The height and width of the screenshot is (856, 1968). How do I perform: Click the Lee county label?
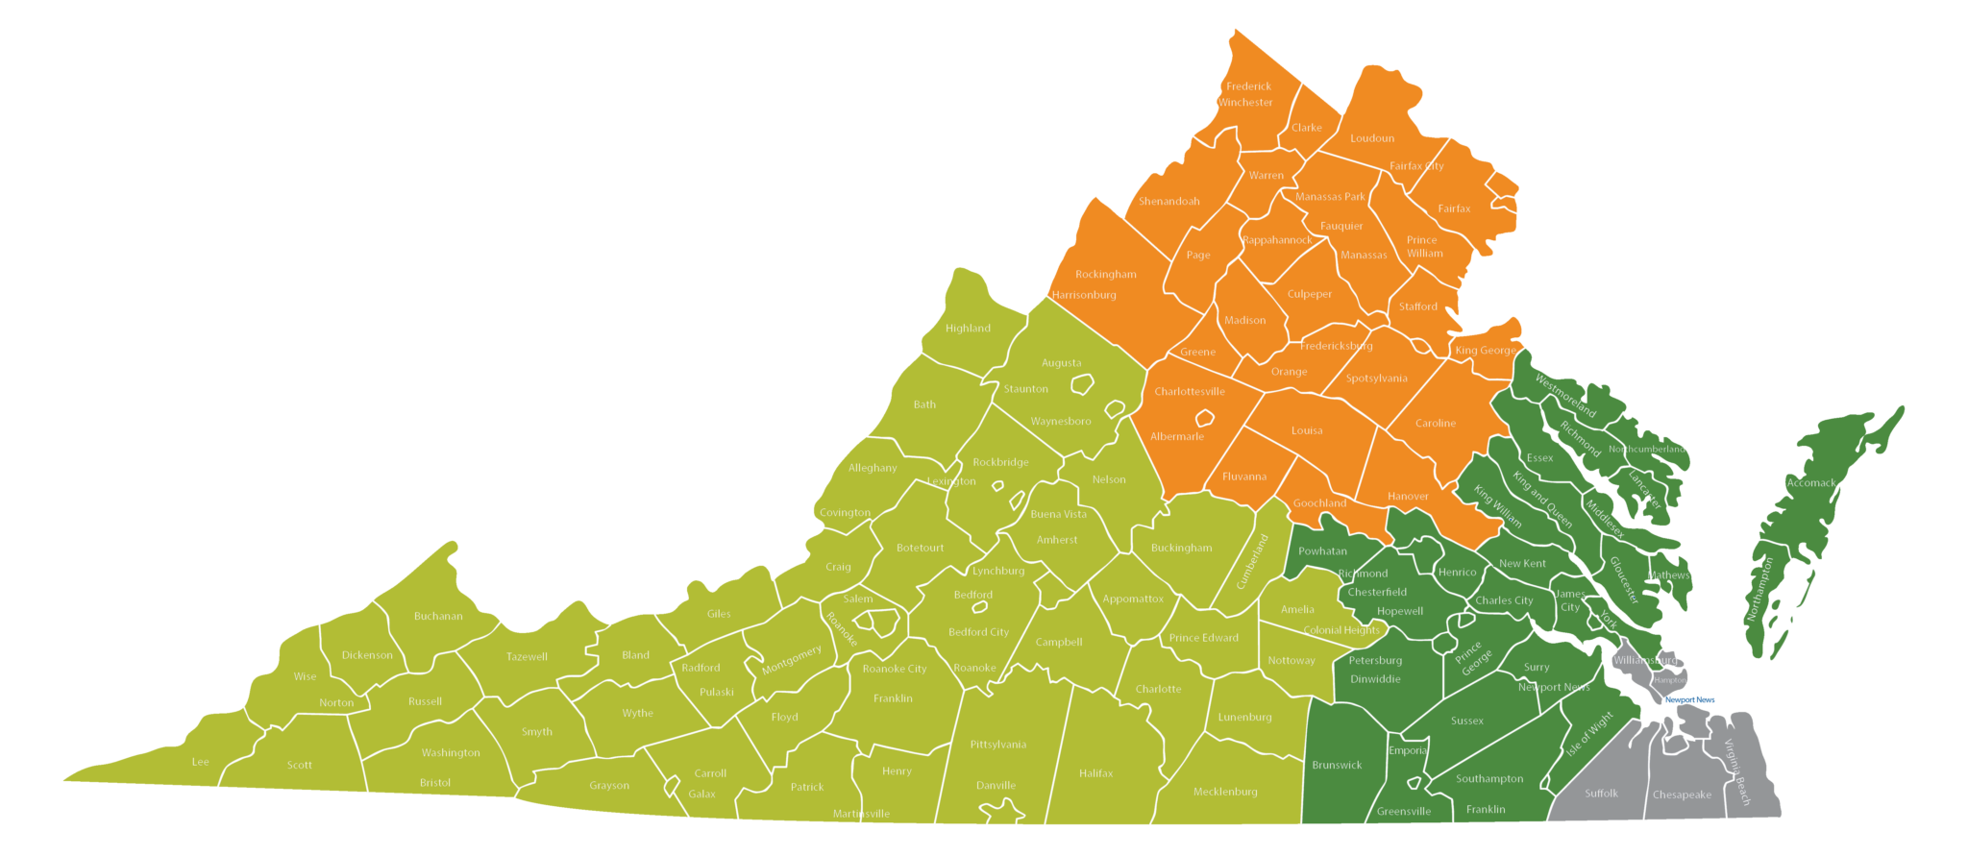coord(200,763)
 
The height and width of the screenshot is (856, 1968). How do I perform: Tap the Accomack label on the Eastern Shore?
coord(1810,483)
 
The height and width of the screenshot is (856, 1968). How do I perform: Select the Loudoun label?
coord(1371,138)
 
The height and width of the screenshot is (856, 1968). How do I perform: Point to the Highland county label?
coord(967,329)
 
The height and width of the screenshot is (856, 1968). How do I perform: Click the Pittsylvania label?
coord(997,745)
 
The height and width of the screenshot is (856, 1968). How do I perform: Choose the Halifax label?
coord(1095,773)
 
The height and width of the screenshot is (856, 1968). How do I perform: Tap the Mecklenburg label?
coord(1224,793)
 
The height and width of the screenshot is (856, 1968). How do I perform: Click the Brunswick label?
coord(1337,766)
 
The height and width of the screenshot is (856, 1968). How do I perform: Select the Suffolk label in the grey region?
coord(1601,794)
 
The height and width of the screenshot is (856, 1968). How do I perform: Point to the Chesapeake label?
coord(1682,795)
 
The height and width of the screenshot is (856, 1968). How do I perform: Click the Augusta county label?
coord(1061,363)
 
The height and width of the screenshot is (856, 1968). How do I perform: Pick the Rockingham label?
coord(1105,275)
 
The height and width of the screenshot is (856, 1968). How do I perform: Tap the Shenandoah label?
coord(1168,202)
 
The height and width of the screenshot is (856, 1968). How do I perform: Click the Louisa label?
coord(1306,431)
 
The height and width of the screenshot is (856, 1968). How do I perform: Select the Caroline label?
coord(1435,424)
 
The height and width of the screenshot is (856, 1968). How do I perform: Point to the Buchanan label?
coord(438,617)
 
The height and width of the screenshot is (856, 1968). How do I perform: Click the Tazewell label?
coord(527,657)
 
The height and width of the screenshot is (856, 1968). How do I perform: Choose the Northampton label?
coord(1762,590)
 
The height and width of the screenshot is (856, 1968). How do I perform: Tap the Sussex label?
coord(1466,721)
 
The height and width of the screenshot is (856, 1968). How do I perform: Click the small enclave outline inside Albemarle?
coord(1204,418)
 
